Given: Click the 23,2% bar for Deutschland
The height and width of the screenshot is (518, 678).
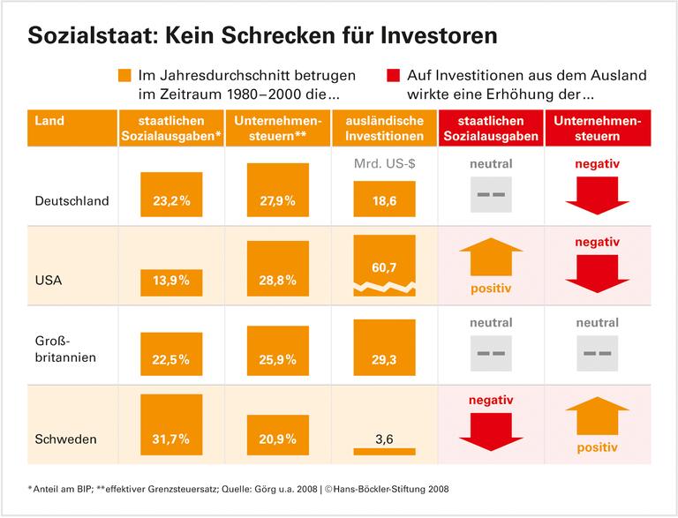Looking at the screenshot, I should [171, 194].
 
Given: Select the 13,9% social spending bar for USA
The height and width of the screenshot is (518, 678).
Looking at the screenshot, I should [171, 282].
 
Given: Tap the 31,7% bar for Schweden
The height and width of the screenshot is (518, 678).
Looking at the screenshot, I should [171, 424].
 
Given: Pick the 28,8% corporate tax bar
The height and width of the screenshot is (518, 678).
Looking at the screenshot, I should [278, 270].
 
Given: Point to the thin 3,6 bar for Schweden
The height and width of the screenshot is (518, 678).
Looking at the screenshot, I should [384, 451].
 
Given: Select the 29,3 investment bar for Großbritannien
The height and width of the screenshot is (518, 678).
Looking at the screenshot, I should [384, 349].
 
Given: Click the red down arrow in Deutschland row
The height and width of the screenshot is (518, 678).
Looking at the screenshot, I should [597, 195].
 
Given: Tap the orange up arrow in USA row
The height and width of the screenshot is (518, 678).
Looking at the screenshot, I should [492, 258].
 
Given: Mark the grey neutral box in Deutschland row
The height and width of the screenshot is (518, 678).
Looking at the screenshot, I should [492, 194].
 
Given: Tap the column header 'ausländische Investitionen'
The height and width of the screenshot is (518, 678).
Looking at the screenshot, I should [384, 129].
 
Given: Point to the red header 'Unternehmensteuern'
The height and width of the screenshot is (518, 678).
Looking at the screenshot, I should [597, 129].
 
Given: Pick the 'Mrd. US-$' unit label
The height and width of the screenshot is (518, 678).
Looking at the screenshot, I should [384, 164].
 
